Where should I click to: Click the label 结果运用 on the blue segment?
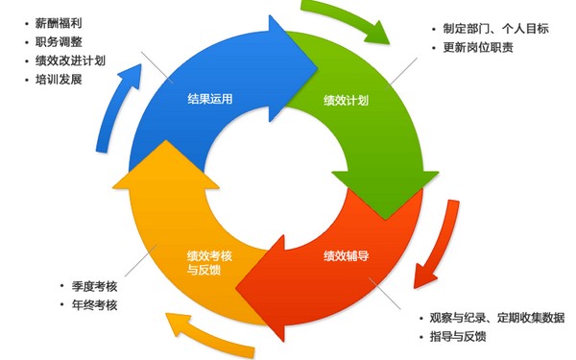(x=208, y=99)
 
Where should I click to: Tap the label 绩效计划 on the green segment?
(x=348, y=99)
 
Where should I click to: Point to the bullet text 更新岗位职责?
(x=478, y=47)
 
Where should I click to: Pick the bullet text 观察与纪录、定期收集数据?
(x=496, y=318)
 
